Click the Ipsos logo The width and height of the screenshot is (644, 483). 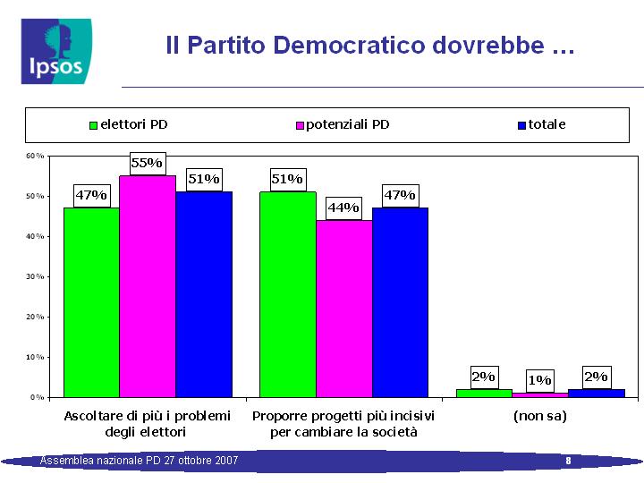coord(56,51)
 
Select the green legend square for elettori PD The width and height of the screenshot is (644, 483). coord(93,125)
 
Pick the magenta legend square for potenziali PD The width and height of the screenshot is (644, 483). coord(300,125)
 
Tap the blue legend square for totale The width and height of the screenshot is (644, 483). coord(521,125)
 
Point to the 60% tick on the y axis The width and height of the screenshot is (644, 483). coord(35,156)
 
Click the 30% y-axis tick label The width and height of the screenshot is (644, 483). coord(35,276)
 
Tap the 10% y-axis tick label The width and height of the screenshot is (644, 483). coord(35,357)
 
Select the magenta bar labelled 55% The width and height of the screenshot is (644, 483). coord(148,286)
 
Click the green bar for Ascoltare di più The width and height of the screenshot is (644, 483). coord(91,302)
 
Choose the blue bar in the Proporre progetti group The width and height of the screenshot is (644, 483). coord(400,302)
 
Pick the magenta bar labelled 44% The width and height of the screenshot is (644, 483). coord(344,309)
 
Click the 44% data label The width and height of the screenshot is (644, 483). coord(343,208)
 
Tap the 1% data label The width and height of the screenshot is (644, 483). coord(539,381)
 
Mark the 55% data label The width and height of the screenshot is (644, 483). coord(148,164)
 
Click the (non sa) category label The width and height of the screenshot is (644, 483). coord(539,416)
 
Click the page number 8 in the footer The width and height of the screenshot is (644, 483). coord(569,461)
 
